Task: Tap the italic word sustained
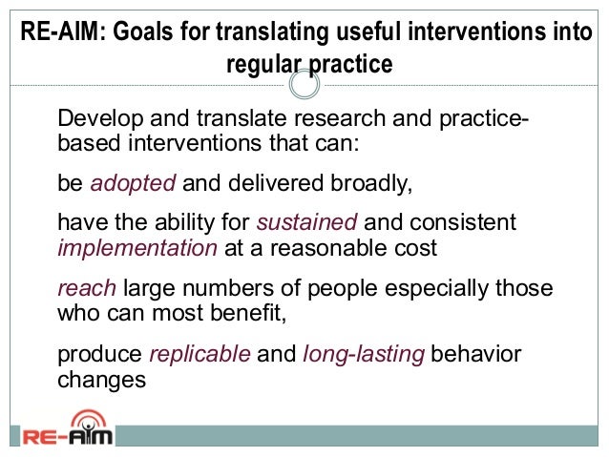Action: pyautogui.click(x=307, y=223)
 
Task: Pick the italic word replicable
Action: pyautogui.click(x=200, y=355)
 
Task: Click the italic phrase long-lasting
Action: pyautogui.click(x=363, y=355)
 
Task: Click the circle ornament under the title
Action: pyautogui.click(x=304, y=87)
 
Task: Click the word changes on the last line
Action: pyautogui.click(x=102, y=378)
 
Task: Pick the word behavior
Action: pyautogui.click(x=476, y=355)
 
